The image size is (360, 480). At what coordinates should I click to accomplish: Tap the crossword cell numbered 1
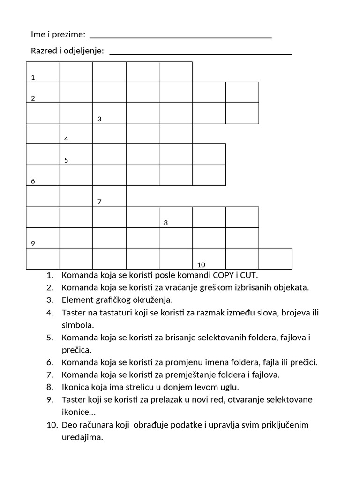(43, 72)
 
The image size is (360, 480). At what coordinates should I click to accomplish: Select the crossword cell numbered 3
(109, 113)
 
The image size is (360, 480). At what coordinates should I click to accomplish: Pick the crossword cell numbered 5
(76, 154)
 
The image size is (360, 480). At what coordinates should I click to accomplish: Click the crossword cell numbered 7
(109, 196)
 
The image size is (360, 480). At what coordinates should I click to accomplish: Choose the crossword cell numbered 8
(176, 217)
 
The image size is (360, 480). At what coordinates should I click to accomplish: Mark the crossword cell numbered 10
(209, 259)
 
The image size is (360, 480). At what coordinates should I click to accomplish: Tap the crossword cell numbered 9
(43, 238)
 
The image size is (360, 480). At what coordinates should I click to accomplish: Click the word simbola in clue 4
(78, 324)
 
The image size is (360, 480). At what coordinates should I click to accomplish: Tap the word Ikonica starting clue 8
(76, 387)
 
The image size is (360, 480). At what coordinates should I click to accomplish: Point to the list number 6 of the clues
(50, 362)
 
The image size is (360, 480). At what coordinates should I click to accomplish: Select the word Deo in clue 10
(69, 425)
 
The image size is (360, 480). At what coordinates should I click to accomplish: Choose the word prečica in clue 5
(76, 350)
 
